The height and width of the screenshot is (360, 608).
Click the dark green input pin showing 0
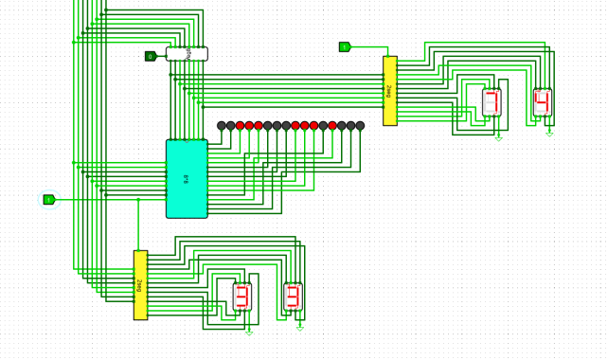pos(151,57)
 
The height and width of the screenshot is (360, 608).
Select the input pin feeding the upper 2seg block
pos(345,46)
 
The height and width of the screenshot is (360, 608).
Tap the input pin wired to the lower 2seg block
pos(49,199)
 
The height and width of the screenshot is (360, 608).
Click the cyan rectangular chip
pos(187,178)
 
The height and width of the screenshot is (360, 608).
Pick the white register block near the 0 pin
pos(187,54)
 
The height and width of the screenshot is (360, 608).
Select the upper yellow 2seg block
pos(389,90)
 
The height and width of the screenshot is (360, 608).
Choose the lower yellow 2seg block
pos(140,284)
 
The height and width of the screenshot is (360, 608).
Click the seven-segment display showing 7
pos(492,102)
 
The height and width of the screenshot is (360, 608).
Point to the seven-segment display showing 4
pos(542,102)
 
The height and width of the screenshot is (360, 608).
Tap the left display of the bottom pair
pos(242,297)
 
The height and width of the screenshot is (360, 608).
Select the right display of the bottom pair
pos(293,297)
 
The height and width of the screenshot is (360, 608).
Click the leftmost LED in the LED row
pos(222,126)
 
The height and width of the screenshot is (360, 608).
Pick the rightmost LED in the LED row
pos(360,126)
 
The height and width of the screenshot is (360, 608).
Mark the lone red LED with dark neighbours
pos(332,126)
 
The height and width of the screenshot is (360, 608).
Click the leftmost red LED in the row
pos(241,126)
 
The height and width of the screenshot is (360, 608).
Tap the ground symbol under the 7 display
pos(498,137)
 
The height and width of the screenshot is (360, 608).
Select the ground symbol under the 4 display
pos(549,134)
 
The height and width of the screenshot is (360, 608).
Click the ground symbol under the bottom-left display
pos(249,333)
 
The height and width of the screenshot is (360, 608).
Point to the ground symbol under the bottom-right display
pos(300,329)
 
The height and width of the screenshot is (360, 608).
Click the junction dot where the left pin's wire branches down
pos(138,199)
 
